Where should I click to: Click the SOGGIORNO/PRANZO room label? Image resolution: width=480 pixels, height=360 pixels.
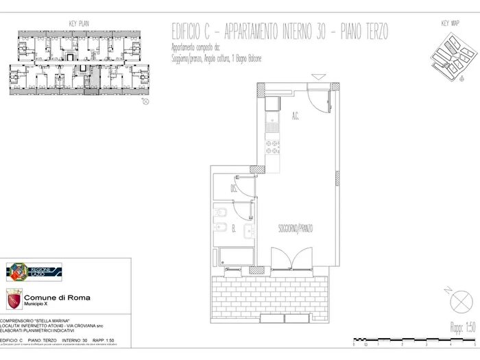[296, 228]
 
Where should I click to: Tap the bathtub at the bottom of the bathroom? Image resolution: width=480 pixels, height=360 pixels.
[233, 258]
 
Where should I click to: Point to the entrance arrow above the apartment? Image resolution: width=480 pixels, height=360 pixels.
[317, 77]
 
